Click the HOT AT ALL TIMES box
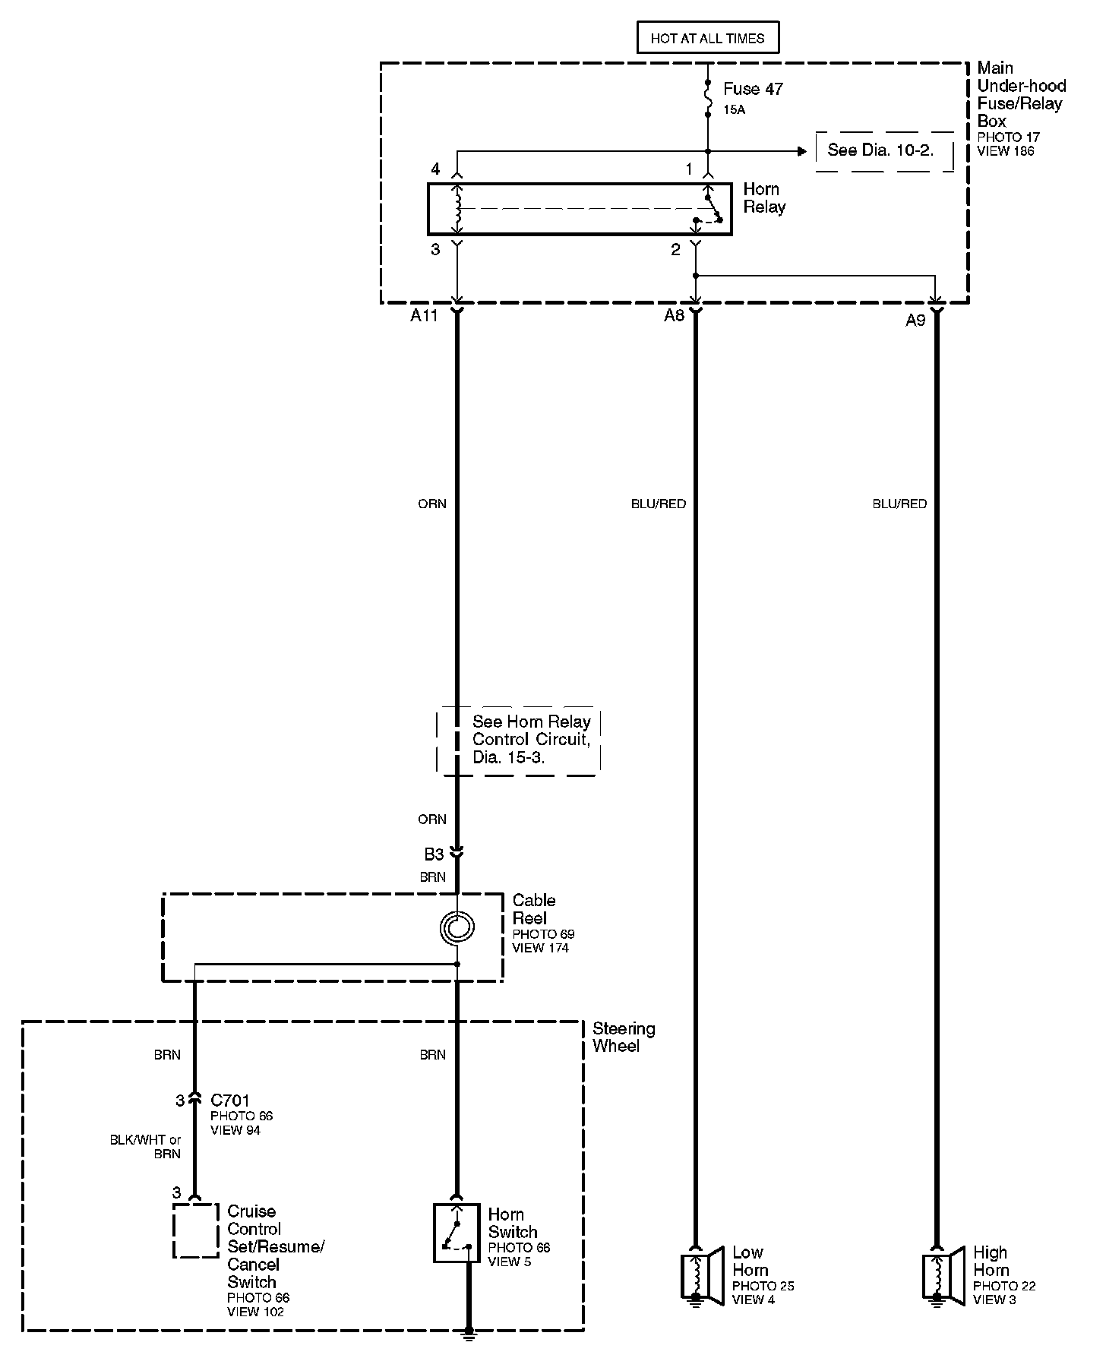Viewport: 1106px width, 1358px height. tap(707, 38)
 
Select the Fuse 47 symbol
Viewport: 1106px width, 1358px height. tap(708, 99)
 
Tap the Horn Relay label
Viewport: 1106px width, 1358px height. tap(763, 197)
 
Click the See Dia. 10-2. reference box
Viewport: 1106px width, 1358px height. tap(884, 150)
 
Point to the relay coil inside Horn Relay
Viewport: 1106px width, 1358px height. tap(457, 207)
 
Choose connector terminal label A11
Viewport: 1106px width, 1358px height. tap(425, 316)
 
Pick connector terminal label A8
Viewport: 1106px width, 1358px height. tap(674, 316)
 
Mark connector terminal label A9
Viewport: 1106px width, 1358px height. tap(915, 321)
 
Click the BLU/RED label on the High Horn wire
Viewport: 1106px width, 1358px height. tap(899, 504)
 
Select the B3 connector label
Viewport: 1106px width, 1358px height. tap(434, 854)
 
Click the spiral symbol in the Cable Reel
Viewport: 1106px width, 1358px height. tap(457, 927)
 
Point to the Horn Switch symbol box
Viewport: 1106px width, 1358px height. tap(457, 1233)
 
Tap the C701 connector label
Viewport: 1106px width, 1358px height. tap(230, 1100)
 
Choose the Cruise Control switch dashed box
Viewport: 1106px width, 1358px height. tap(196, 1231)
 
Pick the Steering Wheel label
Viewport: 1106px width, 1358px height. tap(623, 1037)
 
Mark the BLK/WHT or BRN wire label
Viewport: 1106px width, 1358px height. tap(146, 1147)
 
